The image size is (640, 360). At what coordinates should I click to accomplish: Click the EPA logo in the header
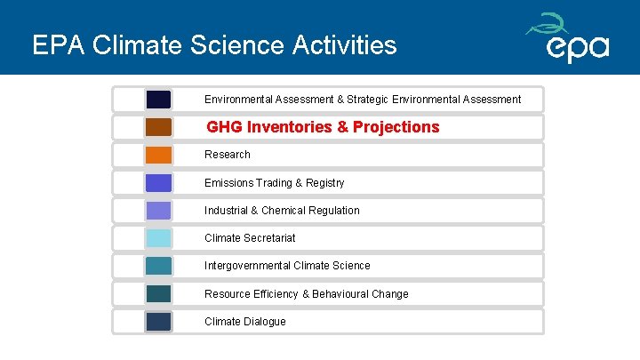[569, 38]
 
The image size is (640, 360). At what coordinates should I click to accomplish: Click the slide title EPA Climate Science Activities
[214, 44]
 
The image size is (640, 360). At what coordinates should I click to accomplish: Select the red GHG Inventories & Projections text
[323, 127]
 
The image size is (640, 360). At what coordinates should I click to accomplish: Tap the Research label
[228, 155]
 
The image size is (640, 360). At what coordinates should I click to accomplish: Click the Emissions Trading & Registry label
[274, 183]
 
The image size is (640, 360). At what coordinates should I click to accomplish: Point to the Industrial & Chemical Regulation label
[282, 211]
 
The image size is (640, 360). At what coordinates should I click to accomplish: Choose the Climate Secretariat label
[250, 238]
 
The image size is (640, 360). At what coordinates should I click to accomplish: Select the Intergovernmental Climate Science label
[287, 266]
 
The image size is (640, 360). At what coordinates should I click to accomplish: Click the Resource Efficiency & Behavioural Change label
[306, 294]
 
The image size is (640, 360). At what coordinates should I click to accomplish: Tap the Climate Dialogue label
[245, 322]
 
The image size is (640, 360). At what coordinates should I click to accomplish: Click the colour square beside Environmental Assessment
[158, 100]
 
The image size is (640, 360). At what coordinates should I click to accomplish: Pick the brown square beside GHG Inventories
[158, 127]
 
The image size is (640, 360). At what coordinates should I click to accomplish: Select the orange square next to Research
[158, 155]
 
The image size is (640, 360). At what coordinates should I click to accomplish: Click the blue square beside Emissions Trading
[158, 183]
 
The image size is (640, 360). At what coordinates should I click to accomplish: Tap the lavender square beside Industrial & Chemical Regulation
[158, 211]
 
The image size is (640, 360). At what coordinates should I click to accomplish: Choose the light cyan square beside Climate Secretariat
[158, 238]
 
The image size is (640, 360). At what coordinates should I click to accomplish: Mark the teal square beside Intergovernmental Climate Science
[158, 266]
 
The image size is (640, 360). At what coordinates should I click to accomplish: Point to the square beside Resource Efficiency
[158, 294]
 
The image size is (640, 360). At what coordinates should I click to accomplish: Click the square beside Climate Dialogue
[158, 322]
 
